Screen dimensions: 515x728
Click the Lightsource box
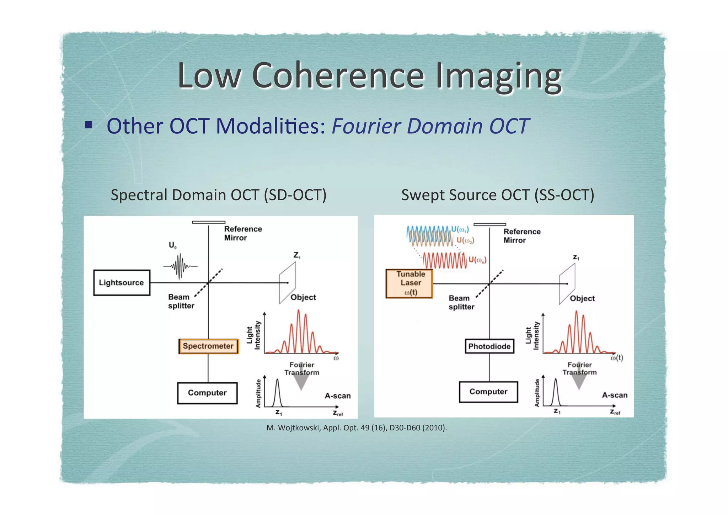tap(122, 283)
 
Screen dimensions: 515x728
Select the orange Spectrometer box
tap(208, 346)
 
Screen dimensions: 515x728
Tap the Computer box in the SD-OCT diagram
tap(207, 393)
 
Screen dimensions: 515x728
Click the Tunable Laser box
tap(409, 283)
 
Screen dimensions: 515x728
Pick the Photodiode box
tap(489, 346)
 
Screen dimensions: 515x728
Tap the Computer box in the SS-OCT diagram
tap(488, 392)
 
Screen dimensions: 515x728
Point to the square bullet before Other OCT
tap(89, 125)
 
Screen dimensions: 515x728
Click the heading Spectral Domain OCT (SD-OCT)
tap(218, 195)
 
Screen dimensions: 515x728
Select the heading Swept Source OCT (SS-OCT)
tap(497, 195)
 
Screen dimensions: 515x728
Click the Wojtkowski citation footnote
tap(357, 428)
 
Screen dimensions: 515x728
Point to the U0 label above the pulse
tap(172, 245)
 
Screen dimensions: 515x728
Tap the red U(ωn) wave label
tap(477, 260)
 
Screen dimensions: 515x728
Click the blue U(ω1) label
tap(460, 229)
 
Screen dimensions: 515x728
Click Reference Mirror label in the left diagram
tap(243, 233)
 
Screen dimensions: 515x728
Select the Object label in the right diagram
tap(582, 298)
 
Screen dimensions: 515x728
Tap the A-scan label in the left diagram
tap(337, 396)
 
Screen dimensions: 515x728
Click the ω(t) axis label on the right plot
tap(617, 358)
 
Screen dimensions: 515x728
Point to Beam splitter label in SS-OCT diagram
tap(461, 302)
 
